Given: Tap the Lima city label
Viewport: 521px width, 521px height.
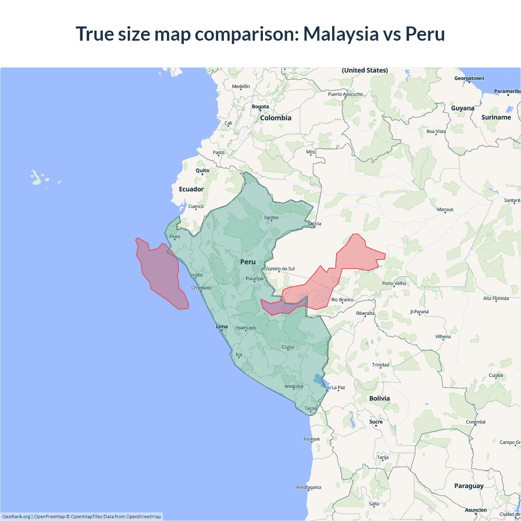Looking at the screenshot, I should coord(222,326).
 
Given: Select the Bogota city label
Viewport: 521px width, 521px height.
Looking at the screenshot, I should coord(260,107).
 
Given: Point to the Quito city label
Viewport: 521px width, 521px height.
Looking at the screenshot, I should coord(202,171).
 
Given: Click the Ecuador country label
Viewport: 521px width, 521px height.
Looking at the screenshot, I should coord(191,189).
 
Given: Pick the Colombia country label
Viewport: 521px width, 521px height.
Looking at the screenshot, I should coord(276,118).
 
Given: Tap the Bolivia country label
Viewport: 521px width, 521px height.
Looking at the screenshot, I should coord(379,398).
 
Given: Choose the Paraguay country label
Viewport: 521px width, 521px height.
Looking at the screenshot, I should coord(469,486).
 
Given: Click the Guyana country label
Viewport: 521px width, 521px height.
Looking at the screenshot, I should coord(462,108).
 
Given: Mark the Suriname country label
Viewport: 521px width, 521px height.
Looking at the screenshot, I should coord(496,117).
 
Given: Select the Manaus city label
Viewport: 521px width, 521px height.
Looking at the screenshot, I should coord(445,209).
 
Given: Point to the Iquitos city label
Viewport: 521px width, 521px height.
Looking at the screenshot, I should coord(271,217).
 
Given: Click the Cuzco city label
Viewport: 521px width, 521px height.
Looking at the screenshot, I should coord(288,347).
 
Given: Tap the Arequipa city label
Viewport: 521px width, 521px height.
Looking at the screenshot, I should coord(293,386).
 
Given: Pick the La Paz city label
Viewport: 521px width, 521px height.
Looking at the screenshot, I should coord(338,387).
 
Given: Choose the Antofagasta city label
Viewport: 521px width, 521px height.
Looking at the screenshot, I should coord(309,487).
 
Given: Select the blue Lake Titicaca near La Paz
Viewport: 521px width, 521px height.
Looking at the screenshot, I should coord(320,381).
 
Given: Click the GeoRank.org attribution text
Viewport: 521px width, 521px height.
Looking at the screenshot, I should coord(16,517).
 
